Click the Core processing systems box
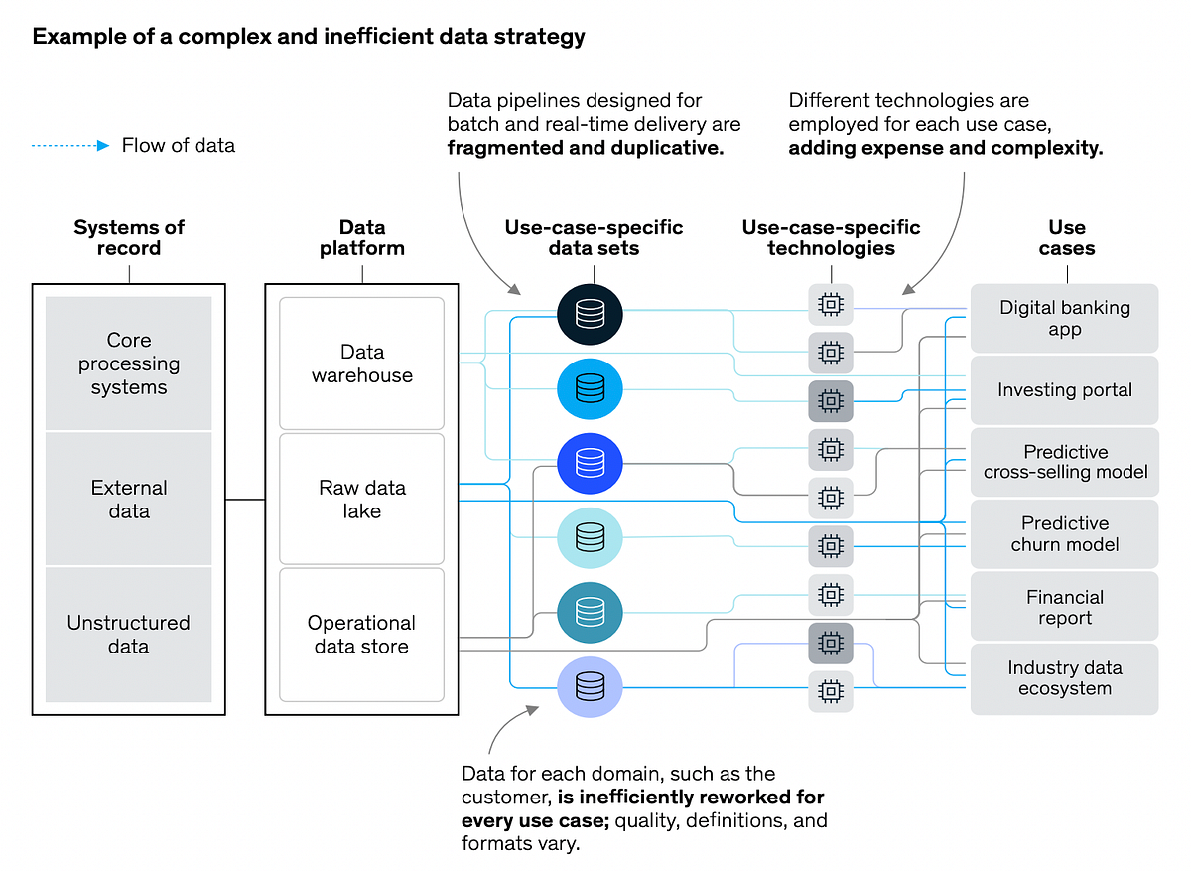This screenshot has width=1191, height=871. [x=129, y=363]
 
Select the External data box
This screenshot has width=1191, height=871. [x=129, y=500]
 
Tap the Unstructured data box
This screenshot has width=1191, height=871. [x=129, y=635]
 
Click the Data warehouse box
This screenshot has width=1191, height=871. [x=361, y=363]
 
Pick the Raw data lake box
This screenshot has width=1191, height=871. [x=361, y=500]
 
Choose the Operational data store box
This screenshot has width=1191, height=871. [x=361, y=635]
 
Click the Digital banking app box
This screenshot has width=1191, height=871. [x=1064, y=318]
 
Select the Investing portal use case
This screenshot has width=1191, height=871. [x=1064, y=390]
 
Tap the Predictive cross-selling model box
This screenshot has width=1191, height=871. [x=1064, y=462]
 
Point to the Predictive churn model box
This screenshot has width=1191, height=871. [x=1064, y=533]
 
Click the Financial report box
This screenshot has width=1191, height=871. [x=1064, y=607]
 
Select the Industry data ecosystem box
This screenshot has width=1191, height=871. [x=1064, y=678]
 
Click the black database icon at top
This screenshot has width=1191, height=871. [x=590, y=314]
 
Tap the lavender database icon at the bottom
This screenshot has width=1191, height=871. [x=590, y=685]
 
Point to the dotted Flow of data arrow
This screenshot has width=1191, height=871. [x=69, y=146]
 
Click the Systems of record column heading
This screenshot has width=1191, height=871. [x=129, y=238]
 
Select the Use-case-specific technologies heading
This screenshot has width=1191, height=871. [x=831, y=238]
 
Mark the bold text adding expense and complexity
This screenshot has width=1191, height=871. [x=945, y=148]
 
